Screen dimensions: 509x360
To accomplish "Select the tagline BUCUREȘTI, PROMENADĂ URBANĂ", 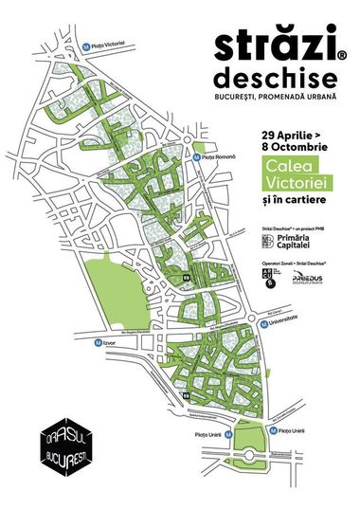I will click(287, 99).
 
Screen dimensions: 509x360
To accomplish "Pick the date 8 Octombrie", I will click(290, 147).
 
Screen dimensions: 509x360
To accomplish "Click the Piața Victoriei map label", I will click(114, 45).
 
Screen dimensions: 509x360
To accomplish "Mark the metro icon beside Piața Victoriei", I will click(87, 45).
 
